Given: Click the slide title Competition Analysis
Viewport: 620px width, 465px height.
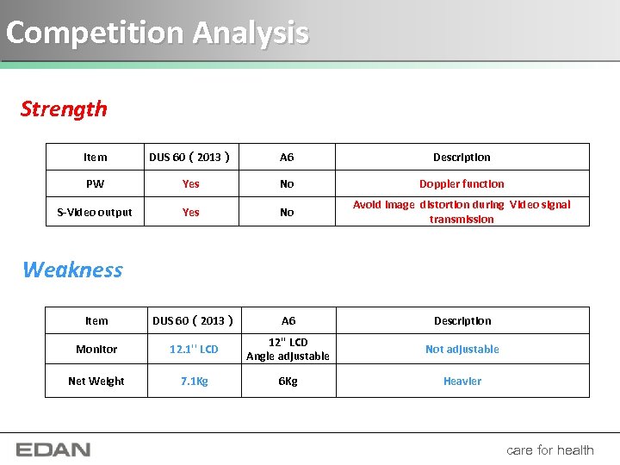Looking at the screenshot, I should click(x=157, y=33).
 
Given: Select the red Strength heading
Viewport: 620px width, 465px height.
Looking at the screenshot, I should click(x=64, y=109).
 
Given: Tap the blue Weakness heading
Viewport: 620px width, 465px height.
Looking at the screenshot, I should click(x=72, y=270).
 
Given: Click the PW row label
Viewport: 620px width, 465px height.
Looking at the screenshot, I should click(x=95, y=183).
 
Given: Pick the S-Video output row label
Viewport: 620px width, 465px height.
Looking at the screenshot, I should click(x=95, y=212).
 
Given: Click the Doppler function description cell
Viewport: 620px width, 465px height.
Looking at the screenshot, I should click(x=462, y=183).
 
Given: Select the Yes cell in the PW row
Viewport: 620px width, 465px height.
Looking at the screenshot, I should click(x=191, y=183).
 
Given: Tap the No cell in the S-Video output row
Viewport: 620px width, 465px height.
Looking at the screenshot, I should click(x=287, y=212).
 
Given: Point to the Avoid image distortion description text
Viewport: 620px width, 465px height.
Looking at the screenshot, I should click(x=462, y=212).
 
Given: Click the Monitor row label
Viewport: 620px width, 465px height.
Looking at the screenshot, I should click(x=96, y=349).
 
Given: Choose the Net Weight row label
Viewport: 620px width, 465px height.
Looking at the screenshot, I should click(x=96, y=381).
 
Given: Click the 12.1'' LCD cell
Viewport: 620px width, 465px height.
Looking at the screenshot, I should click(x=194, y=349).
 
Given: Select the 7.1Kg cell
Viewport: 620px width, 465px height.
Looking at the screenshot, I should click(x=194, y=381).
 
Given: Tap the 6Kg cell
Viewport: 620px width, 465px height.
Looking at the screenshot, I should click(x=288, y=381).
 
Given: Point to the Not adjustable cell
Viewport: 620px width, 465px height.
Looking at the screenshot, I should click(x=462, y=349).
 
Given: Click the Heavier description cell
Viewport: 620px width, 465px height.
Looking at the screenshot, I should click(x=462, y=381).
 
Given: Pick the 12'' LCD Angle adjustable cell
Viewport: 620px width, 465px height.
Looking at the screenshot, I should click(x=288, y=349).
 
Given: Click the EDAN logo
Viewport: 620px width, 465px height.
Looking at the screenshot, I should click(x=53, y=449).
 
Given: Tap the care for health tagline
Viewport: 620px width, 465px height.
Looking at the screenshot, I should click(x=550, y=449).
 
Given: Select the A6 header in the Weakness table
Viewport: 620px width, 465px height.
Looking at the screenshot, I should click(x=288, y=320).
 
